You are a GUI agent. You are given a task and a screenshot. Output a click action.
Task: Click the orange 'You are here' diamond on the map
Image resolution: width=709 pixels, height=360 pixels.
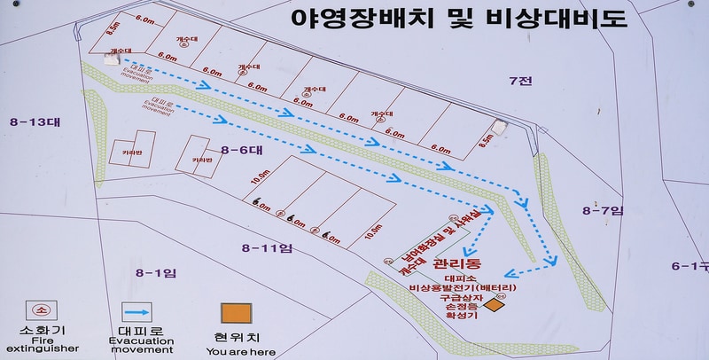point(494,305)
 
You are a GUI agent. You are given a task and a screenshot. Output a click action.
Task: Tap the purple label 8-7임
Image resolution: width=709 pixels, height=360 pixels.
point(604,210)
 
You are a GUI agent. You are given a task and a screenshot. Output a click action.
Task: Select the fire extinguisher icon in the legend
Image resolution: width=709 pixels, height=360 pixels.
point(41,311)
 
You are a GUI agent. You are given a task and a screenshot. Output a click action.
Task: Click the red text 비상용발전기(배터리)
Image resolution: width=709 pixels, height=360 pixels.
point(462,288)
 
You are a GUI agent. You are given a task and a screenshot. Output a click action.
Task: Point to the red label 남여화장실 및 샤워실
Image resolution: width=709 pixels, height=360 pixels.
point(440,234)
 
